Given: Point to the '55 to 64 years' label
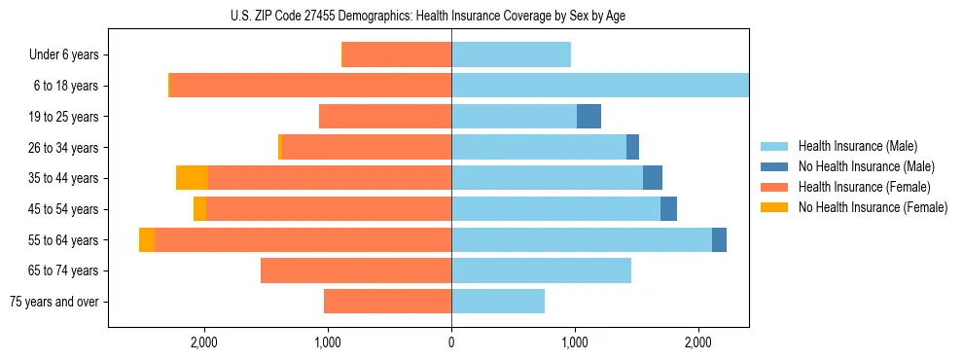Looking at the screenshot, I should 65,240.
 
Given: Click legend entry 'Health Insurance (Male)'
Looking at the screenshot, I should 858,146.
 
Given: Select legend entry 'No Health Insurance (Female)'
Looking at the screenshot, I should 873,207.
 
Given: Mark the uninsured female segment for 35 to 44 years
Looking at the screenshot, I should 192,178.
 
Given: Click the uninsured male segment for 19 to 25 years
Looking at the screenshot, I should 588,117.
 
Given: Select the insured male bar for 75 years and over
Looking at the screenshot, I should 498,302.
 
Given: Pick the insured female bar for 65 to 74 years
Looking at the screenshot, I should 356,270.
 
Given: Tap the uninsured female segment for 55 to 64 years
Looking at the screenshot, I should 147,240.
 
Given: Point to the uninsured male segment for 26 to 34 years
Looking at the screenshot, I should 632,148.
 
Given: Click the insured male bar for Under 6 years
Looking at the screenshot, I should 511,55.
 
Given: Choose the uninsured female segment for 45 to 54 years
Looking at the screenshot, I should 199,209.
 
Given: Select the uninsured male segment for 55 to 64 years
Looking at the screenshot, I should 719,240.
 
